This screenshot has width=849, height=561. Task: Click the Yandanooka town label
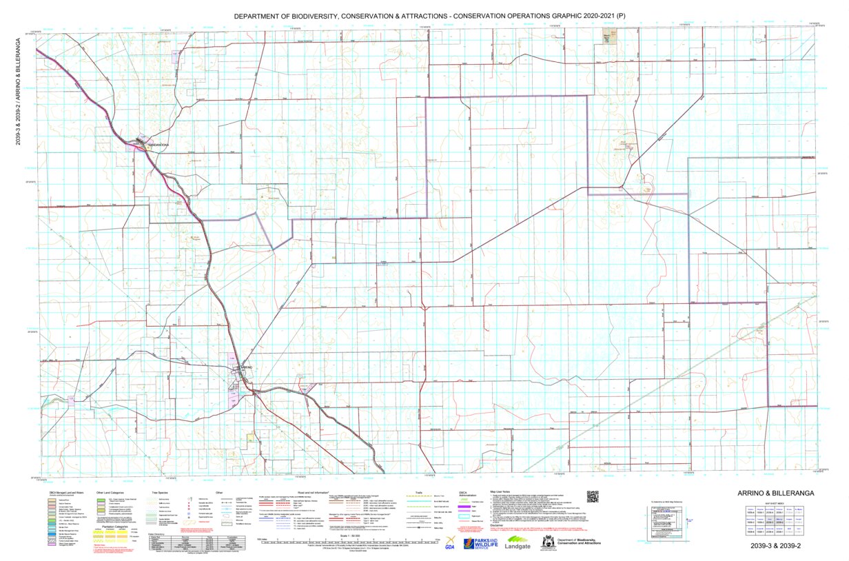(x=154, y=145)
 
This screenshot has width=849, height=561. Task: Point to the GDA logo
(x=450, y=543)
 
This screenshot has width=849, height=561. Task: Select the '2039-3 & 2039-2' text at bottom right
(x=777, y=546)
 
